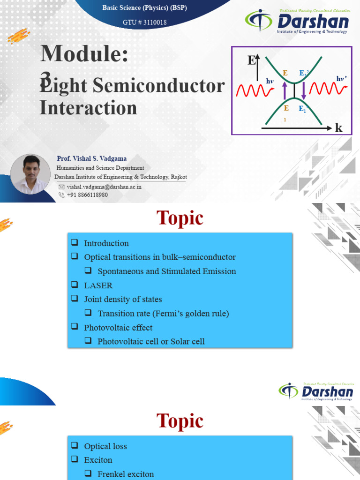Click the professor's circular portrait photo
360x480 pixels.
[30, 174]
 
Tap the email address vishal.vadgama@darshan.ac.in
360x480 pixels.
[104, 187]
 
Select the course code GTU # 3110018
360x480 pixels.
[144, 22]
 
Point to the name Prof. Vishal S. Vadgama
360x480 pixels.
[91, 158]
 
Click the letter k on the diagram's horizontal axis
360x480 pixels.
[338, 128]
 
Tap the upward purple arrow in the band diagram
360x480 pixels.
[284, 90]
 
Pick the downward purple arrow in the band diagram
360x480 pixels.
[304, 90]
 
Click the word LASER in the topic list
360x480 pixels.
[98, 285]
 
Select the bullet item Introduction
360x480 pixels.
[106, 243]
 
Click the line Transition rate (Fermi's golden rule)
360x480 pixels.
[163, 313]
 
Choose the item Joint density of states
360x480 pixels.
[123, 299]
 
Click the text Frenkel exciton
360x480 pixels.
[125, 474]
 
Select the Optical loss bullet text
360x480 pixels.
[105, 446]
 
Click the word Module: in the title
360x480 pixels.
[84, 53]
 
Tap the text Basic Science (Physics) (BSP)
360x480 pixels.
[144, 7]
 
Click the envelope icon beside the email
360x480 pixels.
[61, 187]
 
